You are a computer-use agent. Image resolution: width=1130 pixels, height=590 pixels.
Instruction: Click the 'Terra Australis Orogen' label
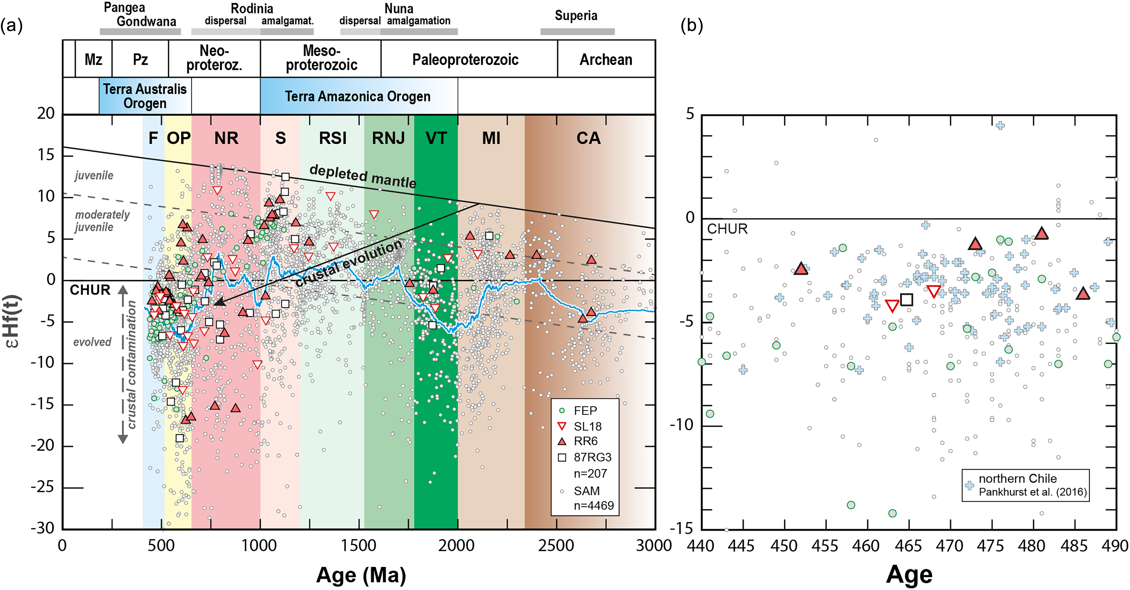click(145, 96)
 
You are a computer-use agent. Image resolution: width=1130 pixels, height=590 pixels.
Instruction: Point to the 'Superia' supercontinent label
click(576, 16)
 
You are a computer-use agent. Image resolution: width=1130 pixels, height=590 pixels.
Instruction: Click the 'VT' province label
click(436, 138)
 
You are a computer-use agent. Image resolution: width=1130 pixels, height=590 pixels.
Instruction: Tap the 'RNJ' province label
click(388, 138)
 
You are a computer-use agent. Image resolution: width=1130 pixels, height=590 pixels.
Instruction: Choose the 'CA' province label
click(588, 138)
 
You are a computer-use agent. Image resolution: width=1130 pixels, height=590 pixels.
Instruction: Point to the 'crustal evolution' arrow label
click(349, 263)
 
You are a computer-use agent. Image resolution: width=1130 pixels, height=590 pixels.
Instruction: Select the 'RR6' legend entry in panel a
click(585, 441)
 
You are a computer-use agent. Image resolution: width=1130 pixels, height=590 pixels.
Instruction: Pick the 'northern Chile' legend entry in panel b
click(1018, 479)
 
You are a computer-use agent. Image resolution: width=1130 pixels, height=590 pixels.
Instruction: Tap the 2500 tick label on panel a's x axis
click(556, 546)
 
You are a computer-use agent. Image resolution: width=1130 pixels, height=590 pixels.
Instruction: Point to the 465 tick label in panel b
click(908, 546)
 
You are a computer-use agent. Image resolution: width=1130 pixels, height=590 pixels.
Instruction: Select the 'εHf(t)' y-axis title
click(12, 321)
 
